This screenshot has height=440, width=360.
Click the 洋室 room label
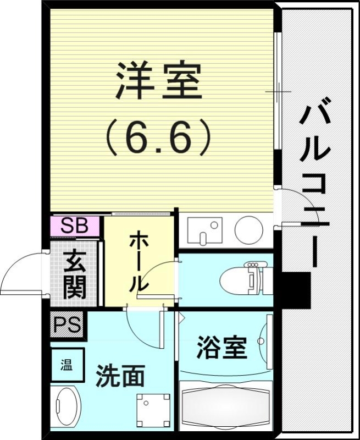pyautogui.click(x=158, y=81)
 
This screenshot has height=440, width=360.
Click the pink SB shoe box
pyautogui.click(x=75, y=226)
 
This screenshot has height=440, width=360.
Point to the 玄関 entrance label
pyautogui.click(x=74, y=274)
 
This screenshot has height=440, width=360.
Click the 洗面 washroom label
pyautogui.click(x=120, y=376)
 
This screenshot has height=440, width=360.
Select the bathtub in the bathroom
pyautogui.click(x=226, y=406)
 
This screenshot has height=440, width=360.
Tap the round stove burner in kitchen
pyautogui.click(x=248, y=229)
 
